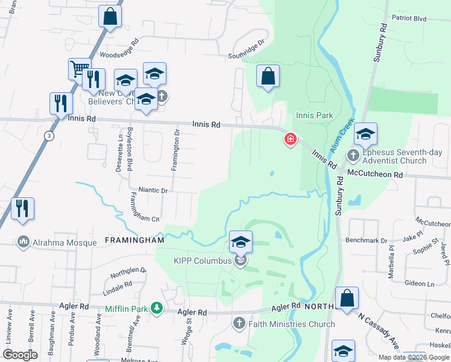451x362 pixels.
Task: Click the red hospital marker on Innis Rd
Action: click(291, 140)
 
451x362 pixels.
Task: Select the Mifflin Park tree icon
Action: click(157, 308)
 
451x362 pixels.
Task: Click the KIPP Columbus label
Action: click(203, 261)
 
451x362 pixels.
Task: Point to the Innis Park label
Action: click(314, 115)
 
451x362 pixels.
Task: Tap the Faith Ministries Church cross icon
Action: click(239, 324)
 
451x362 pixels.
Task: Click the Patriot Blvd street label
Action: click(409, 19)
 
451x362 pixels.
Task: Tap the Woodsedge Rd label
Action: click(119, 48)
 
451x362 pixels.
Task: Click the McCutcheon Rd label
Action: click(374, 174)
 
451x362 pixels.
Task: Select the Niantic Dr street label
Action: click(153, 190)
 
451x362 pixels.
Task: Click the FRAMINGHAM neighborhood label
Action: click(134, 240)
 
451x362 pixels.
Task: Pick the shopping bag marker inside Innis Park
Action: click(268, 77)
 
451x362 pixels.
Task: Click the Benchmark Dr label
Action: click(366, 240)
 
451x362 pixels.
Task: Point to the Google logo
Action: click(20, 355)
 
